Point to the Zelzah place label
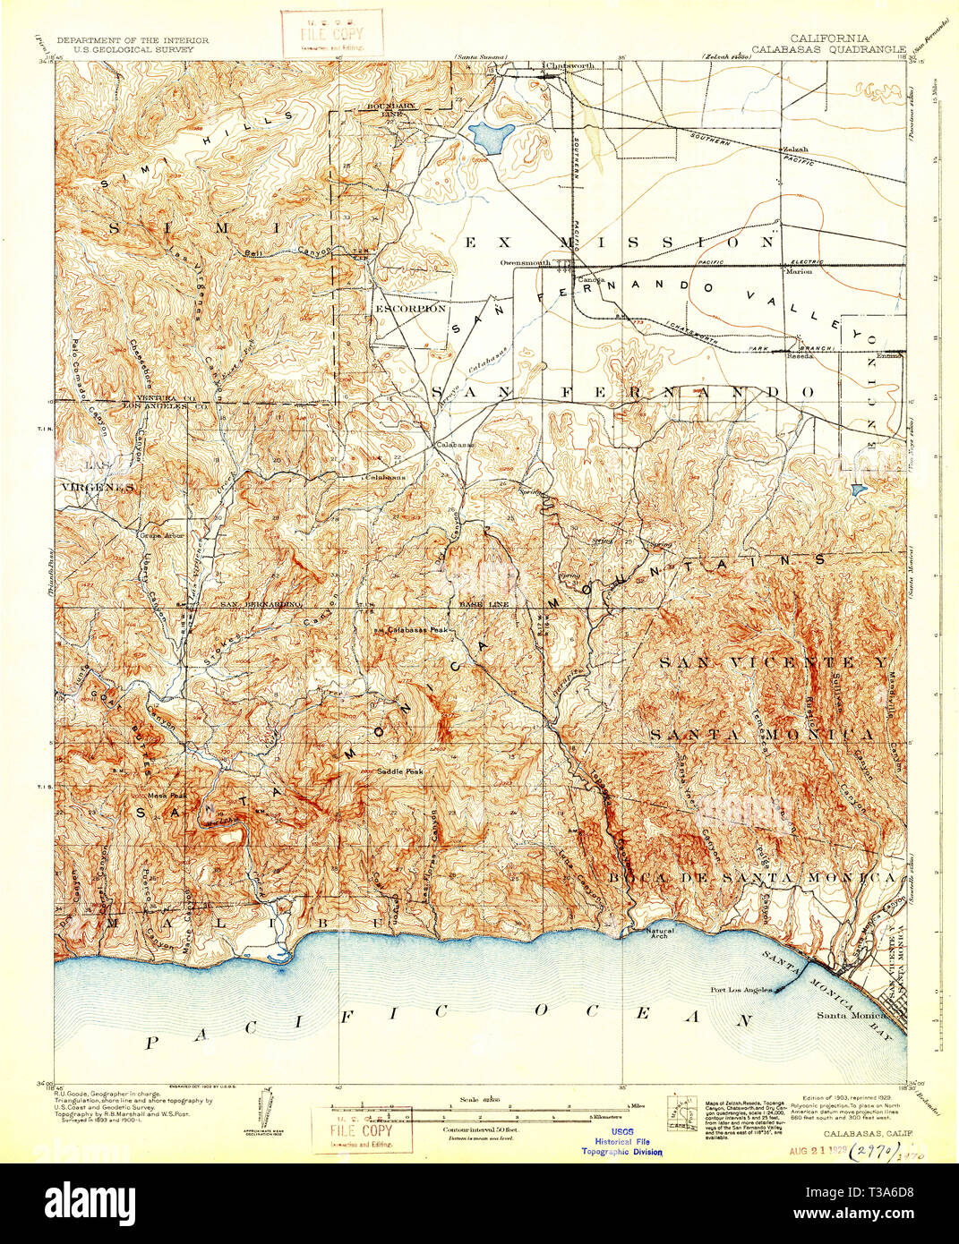click(x=794, y=149)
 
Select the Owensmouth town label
click(x=525, y=263)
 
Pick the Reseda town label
click(x=799, y=354)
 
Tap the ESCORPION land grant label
click(x=410, y=309)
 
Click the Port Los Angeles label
click(x=741, y=989)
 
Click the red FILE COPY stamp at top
click(x=331, y=32)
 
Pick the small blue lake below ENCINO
click(x=860, y=490)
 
